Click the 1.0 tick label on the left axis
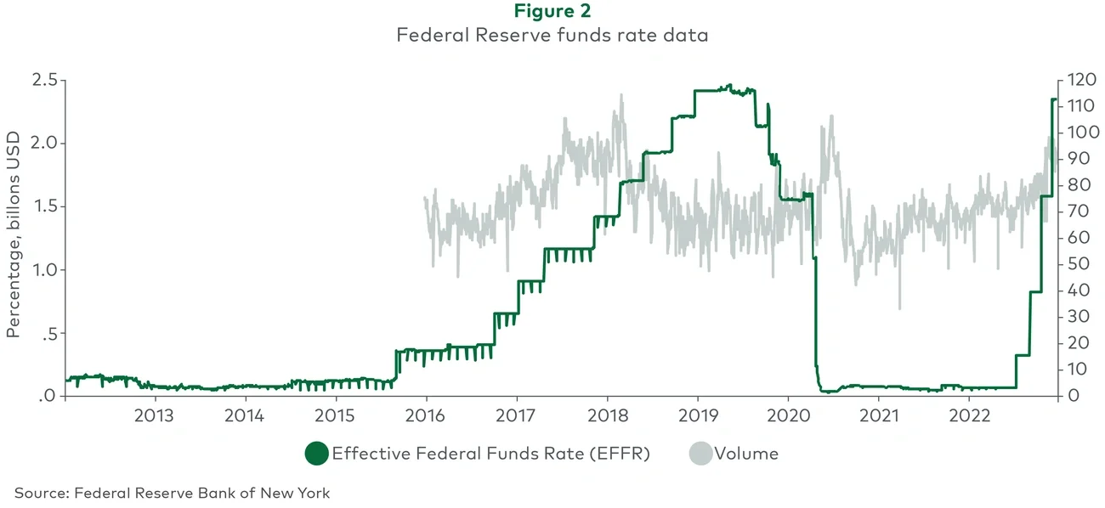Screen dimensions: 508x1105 (42, 270)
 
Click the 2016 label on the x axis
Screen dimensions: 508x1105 (426, 416)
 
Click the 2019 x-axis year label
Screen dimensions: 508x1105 (697, 416)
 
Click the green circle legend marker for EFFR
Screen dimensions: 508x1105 (316, 454)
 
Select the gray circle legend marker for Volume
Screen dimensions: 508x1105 (700, 454)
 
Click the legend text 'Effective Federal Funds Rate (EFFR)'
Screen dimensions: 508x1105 (490, 454)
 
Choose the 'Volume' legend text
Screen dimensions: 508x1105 (746, 454)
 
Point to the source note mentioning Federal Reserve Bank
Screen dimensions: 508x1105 (172, 493)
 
